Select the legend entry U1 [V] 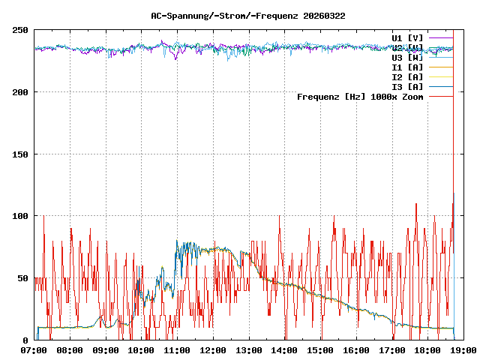(x=407, y=37)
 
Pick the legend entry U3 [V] (x=407, y=57)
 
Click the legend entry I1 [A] (x=407, y=67)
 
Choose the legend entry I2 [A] (x=407, y=76)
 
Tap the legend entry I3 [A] (x=407, y=86)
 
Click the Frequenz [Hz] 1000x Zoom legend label (x=360, y=96)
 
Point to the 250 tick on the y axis (x=21, y=30)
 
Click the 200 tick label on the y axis (x=21, y=92)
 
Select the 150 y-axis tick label (x=21, y=154)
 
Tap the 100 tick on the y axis (x=21, y=216)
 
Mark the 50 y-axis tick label (x=23, y=278)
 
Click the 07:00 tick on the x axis (x=34, y=350)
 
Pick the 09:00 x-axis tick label (x=106, y=350)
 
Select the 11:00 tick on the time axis (x=177, y=350)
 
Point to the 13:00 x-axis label (x=248, y=350)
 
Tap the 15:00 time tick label (x=319, y=350)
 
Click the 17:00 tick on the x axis (x=391, y=350)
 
